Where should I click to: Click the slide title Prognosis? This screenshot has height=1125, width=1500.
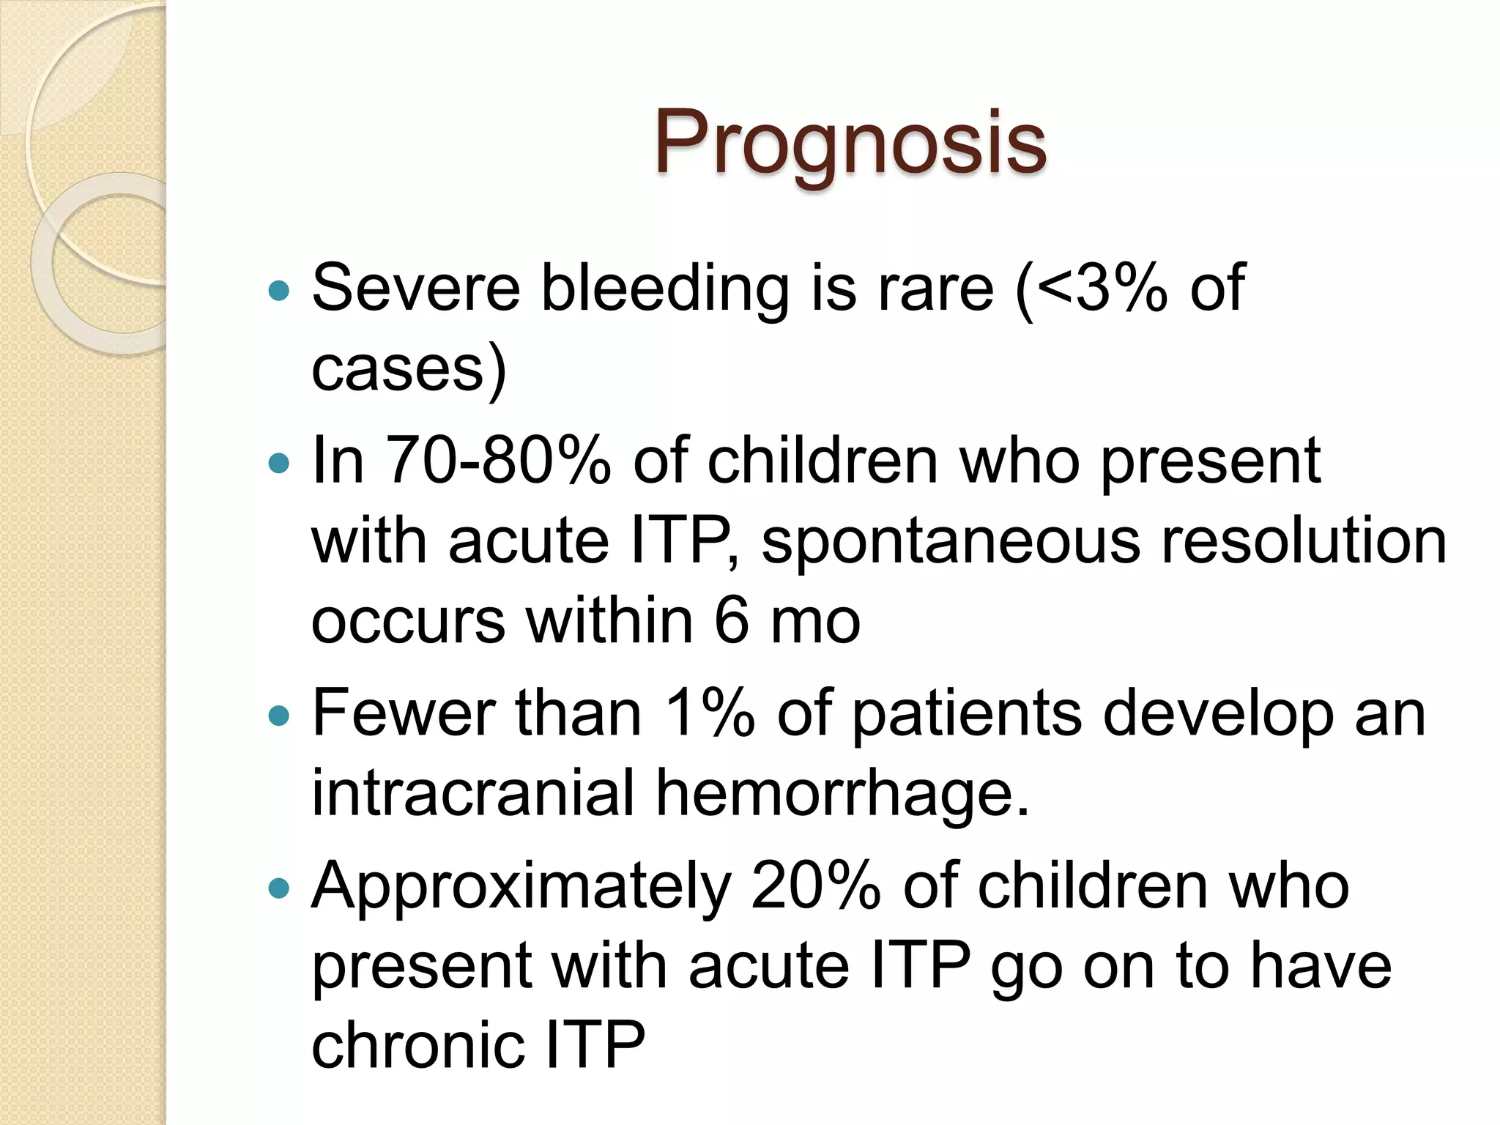(850, 143)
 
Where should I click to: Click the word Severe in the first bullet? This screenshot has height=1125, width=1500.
(415, 288)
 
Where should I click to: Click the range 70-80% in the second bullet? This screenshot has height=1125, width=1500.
(497, 461)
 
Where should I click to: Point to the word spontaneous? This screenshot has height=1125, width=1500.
(951, 542)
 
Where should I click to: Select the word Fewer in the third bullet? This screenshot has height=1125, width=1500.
(404, 713)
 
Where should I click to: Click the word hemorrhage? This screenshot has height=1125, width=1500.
(842, 795)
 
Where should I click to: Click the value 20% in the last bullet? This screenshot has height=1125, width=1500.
(815, 886)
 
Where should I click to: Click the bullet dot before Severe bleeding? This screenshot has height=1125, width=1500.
(279, 292)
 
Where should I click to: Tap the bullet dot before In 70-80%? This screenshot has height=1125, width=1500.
(279, 463)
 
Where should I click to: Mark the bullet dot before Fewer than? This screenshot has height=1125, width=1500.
(279, 716)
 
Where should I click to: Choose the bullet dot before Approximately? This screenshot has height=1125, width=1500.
(279, 889)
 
